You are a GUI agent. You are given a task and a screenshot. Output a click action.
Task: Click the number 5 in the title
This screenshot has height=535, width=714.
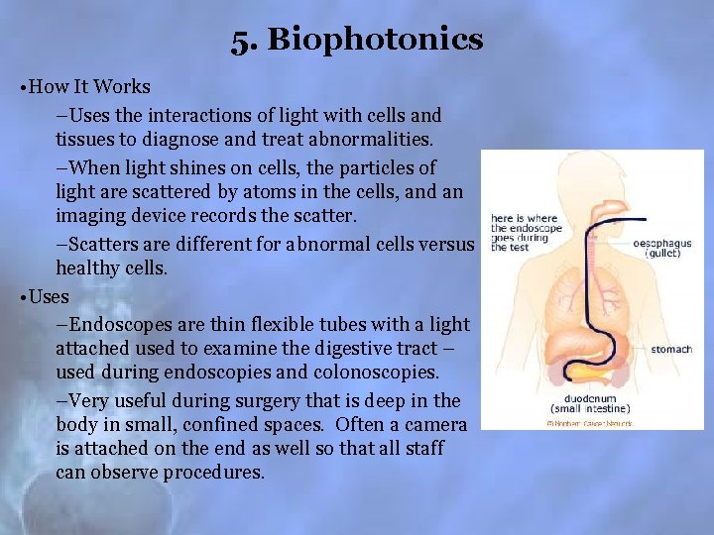(240, 41)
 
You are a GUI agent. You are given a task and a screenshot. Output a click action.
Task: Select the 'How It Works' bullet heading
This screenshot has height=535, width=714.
(90, 86)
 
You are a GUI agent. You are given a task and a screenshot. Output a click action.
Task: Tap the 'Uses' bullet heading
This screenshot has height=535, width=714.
(50, 296)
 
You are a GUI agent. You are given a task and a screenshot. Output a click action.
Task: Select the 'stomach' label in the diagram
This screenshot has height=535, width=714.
(671, 349)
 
